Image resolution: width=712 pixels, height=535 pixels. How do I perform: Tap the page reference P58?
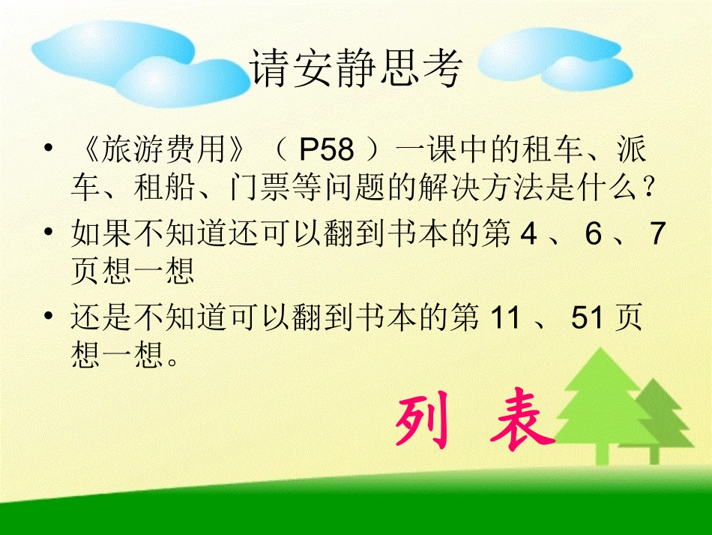pyautogui.click(x=326, y=150)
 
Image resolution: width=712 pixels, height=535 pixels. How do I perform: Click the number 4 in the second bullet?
pyautogui.click(x=529, y=234)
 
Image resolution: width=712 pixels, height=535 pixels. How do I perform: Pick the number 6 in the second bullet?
pyautogui.click(x=594, y=234)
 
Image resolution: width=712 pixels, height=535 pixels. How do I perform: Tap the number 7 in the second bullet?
pyautogui.click(x=657, y=234)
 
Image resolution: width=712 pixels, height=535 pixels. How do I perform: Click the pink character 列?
pyautogui.click(x=423, y=422)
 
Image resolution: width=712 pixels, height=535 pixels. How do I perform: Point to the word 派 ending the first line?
pyautogui.click(x=632, y=151)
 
